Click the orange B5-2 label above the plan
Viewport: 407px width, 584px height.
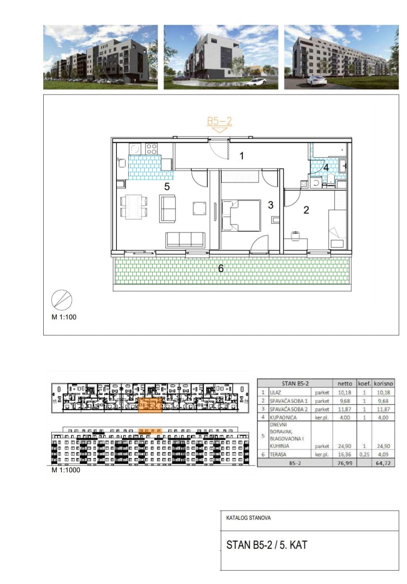pyautogui.click(x=219, y=121)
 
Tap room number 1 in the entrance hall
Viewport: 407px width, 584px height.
pyautogui.click(x=242, y=156)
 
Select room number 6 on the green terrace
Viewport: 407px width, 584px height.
pyautogui.click(x=221, y=268)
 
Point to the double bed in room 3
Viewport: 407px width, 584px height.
pyautogui.click(x=241, y=216)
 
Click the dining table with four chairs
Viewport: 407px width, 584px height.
pyautogui.click(x=134, y=206)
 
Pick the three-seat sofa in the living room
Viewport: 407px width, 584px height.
pyautogui.click(x=185, y=239)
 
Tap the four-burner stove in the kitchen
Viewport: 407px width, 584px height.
pyautogui.click(x=151, y=149)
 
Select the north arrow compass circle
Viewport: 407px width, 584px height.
pyautogui.click(x=61, y=300)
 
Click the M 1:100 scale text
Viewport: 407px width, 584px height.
pyautogui.click(x=64, y=317)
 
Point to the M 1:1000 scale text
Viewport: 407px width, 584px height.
pyautogui.click(x=66, y=470)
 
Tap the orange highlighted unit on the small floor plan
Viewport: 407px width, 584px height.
pyautogui.click(x=150, y=405)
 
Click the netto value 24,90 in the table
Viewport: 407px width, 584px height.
pyautogui.click(x=344, y=446)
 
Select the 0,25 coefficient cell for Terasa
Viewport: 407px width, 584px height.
pyautogui.click(x=364, y=455)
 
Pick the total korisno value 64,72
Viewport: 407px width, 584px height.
pyautogui.click(x=383, y=463)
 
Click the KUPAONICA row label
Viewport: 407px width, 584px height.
pyautogui.click(x=283, y=417)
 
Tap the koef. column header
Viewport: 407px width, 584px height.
pyautogui.click(x=365, y=383)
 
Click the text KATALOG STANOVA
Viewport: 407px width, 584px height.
pyautogui.click(x=248, y=518)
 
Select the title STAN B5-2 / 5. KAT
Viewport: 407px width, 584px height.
pyautogui.click(x=267, y=545)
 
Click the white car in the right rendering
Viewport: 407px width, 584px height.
pyautogui.click(x=317, y=80)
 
